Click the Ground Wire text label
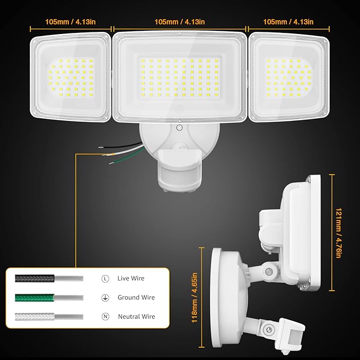click(x=136, y=297)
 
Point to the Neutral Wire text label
click(x=137, y=317)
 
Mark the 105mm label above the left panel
click(x=71, y=22)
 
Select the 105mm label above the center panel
click(x=180, y=22)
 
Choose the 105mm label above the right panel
click(x=288, y=22)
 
